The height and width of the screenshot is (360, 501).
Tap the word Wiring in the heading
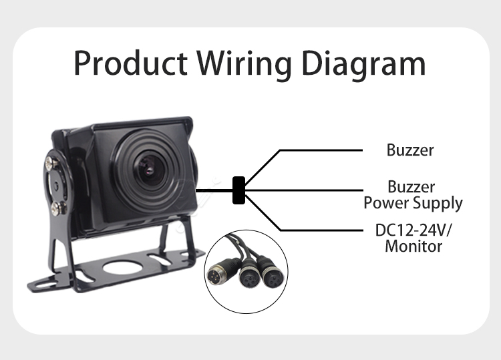[x=247, y=64]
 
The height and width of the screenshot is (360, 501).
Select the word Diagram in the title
[x=365, y=65]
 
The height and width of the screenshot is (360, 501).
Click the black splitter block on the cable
[x=238, y=190]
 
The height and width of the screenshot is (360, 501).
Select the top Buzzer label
[x=409, y=150]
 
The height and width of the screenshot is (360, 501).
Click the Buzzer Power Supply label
[x=413, y=194]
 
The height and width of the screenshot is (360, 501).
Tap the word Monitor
[x=413, y=246]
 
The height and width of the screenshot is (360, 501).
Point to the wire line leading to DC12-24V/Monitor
[x=314, y=230]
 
